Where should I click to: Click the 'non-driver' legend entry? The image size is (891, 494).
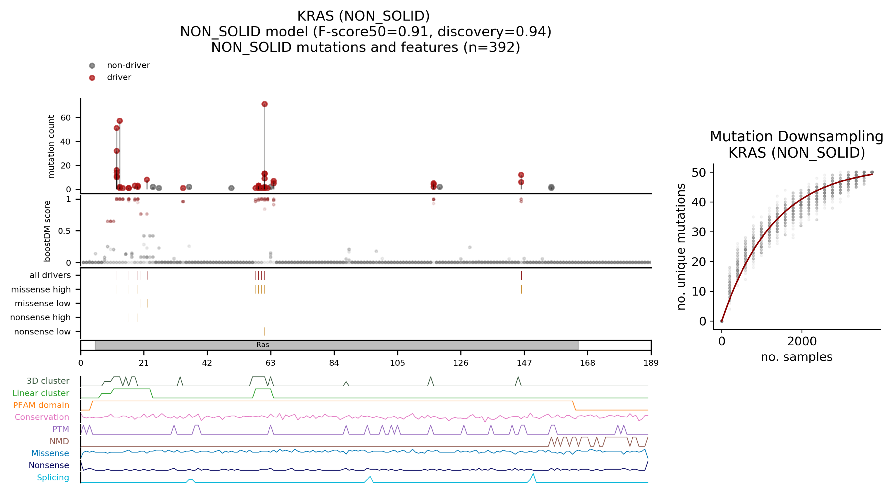[x=128, y=65]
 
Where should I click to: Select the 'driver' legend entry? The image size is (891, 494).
[x=119, y=77]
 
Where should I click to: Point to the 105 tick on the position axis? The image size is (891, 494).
[x=397, y=363]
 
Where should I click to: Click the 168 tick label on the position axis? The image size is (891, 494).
[x=587, y=363]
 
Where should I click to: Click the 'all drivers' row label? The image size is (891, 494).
[x=50, y=275]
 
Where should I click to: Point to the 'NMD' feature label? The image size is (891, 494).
[x=59, y=441]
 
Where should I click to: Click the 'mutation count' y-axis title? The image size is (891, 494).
[x=51, y=147]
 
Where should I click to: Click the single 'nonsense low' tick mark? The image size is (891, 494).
[x=265, y=332]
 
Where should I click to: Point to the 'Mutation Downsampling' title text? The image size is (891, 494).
[x=796, y=137]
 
